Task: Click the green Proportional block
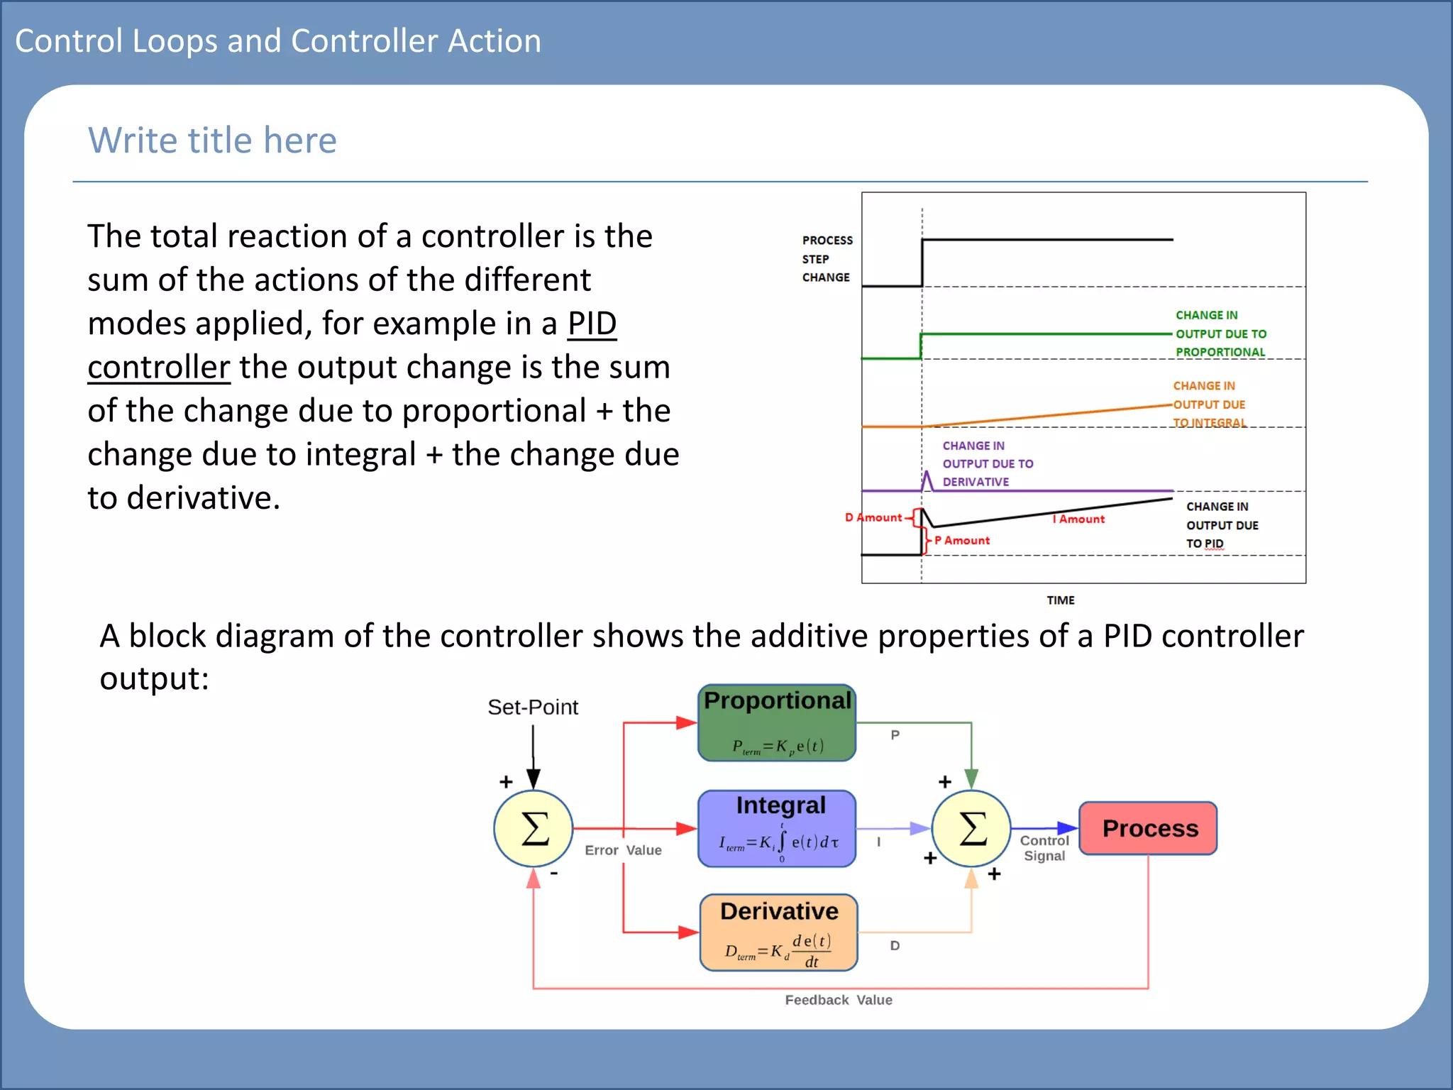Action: click(777, 722)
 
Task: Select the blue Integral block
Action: click(777, 828)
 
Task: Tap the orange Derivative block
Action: click(778, 932)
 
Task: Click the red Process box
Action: click(1148, 828)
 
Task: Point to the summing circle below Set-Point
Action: click(534, 828)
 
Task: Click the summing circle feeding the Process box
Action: click(971, 828)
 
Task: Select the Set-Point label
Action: click(533, 707)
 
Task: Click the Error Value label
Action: click(623, 850)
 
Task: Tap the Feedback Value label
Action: click(838, 1000)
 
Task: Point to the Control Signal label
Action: click(1044, 848)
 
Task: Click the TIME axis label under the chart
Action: click(1060, 600)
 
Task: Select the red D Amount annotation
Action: click(873, 517)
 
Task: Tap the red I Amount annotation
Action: click(1078, 519)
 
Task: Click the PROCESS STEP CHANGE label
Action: click(827, 259)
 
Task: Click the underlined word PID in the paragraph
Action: click(592, 324)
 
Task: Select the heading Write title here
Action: click(212, 140)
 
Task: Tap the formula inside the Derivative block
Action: click(778, 950)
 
